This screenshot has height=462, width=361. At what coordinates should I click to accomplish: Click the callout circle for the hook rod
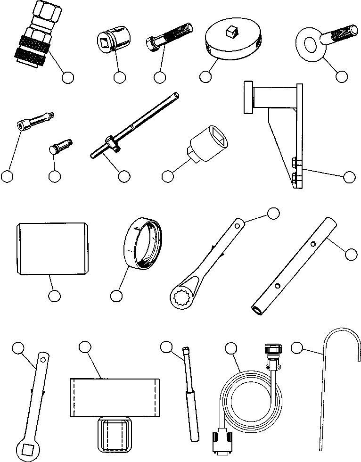[x=296, y=348]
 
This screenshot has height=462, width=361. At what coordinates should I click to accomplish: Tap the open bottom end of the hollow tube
[x=257, y=309]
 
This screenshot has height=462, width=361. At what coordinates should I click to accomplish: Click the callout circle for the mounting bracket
[x=349, y=177]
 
